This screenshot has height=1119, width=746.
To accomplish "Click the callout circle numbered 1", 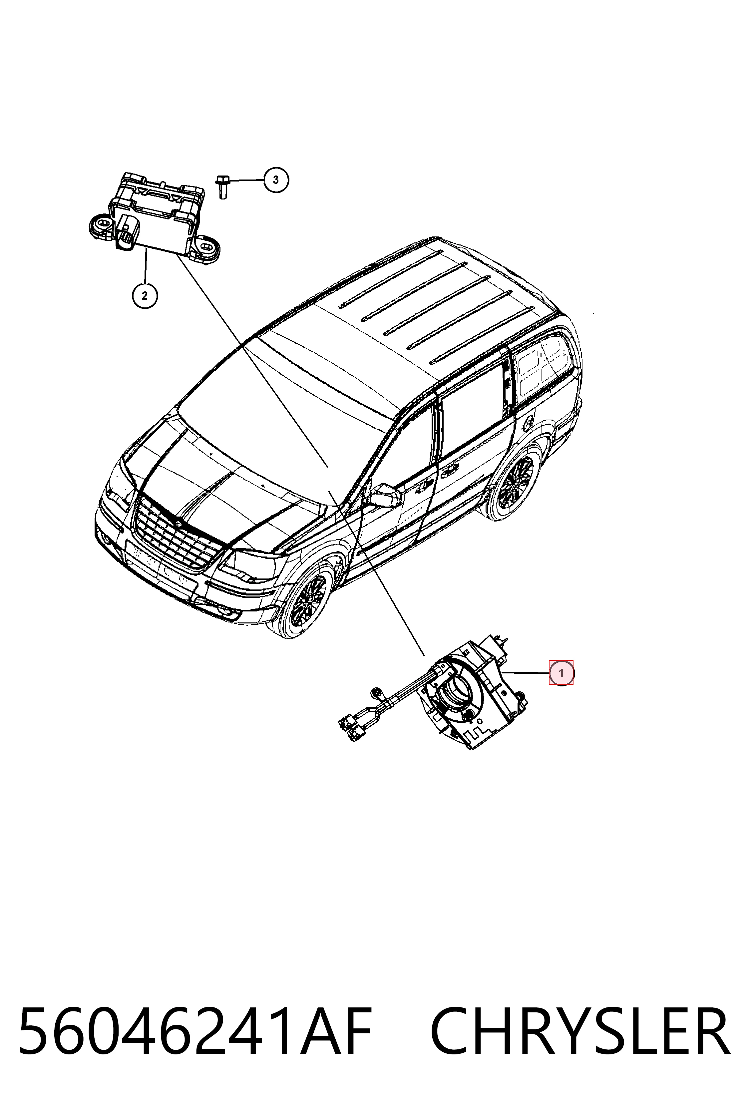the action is pyautogui.click(x=561, y=673).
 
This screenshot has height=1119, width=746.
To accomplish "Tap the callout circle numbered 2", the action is pyautogui.click(x=145, y=295).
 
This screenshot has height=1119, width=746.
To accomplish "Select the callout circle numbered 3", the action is pyautogui.click(x=276, y=180).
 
